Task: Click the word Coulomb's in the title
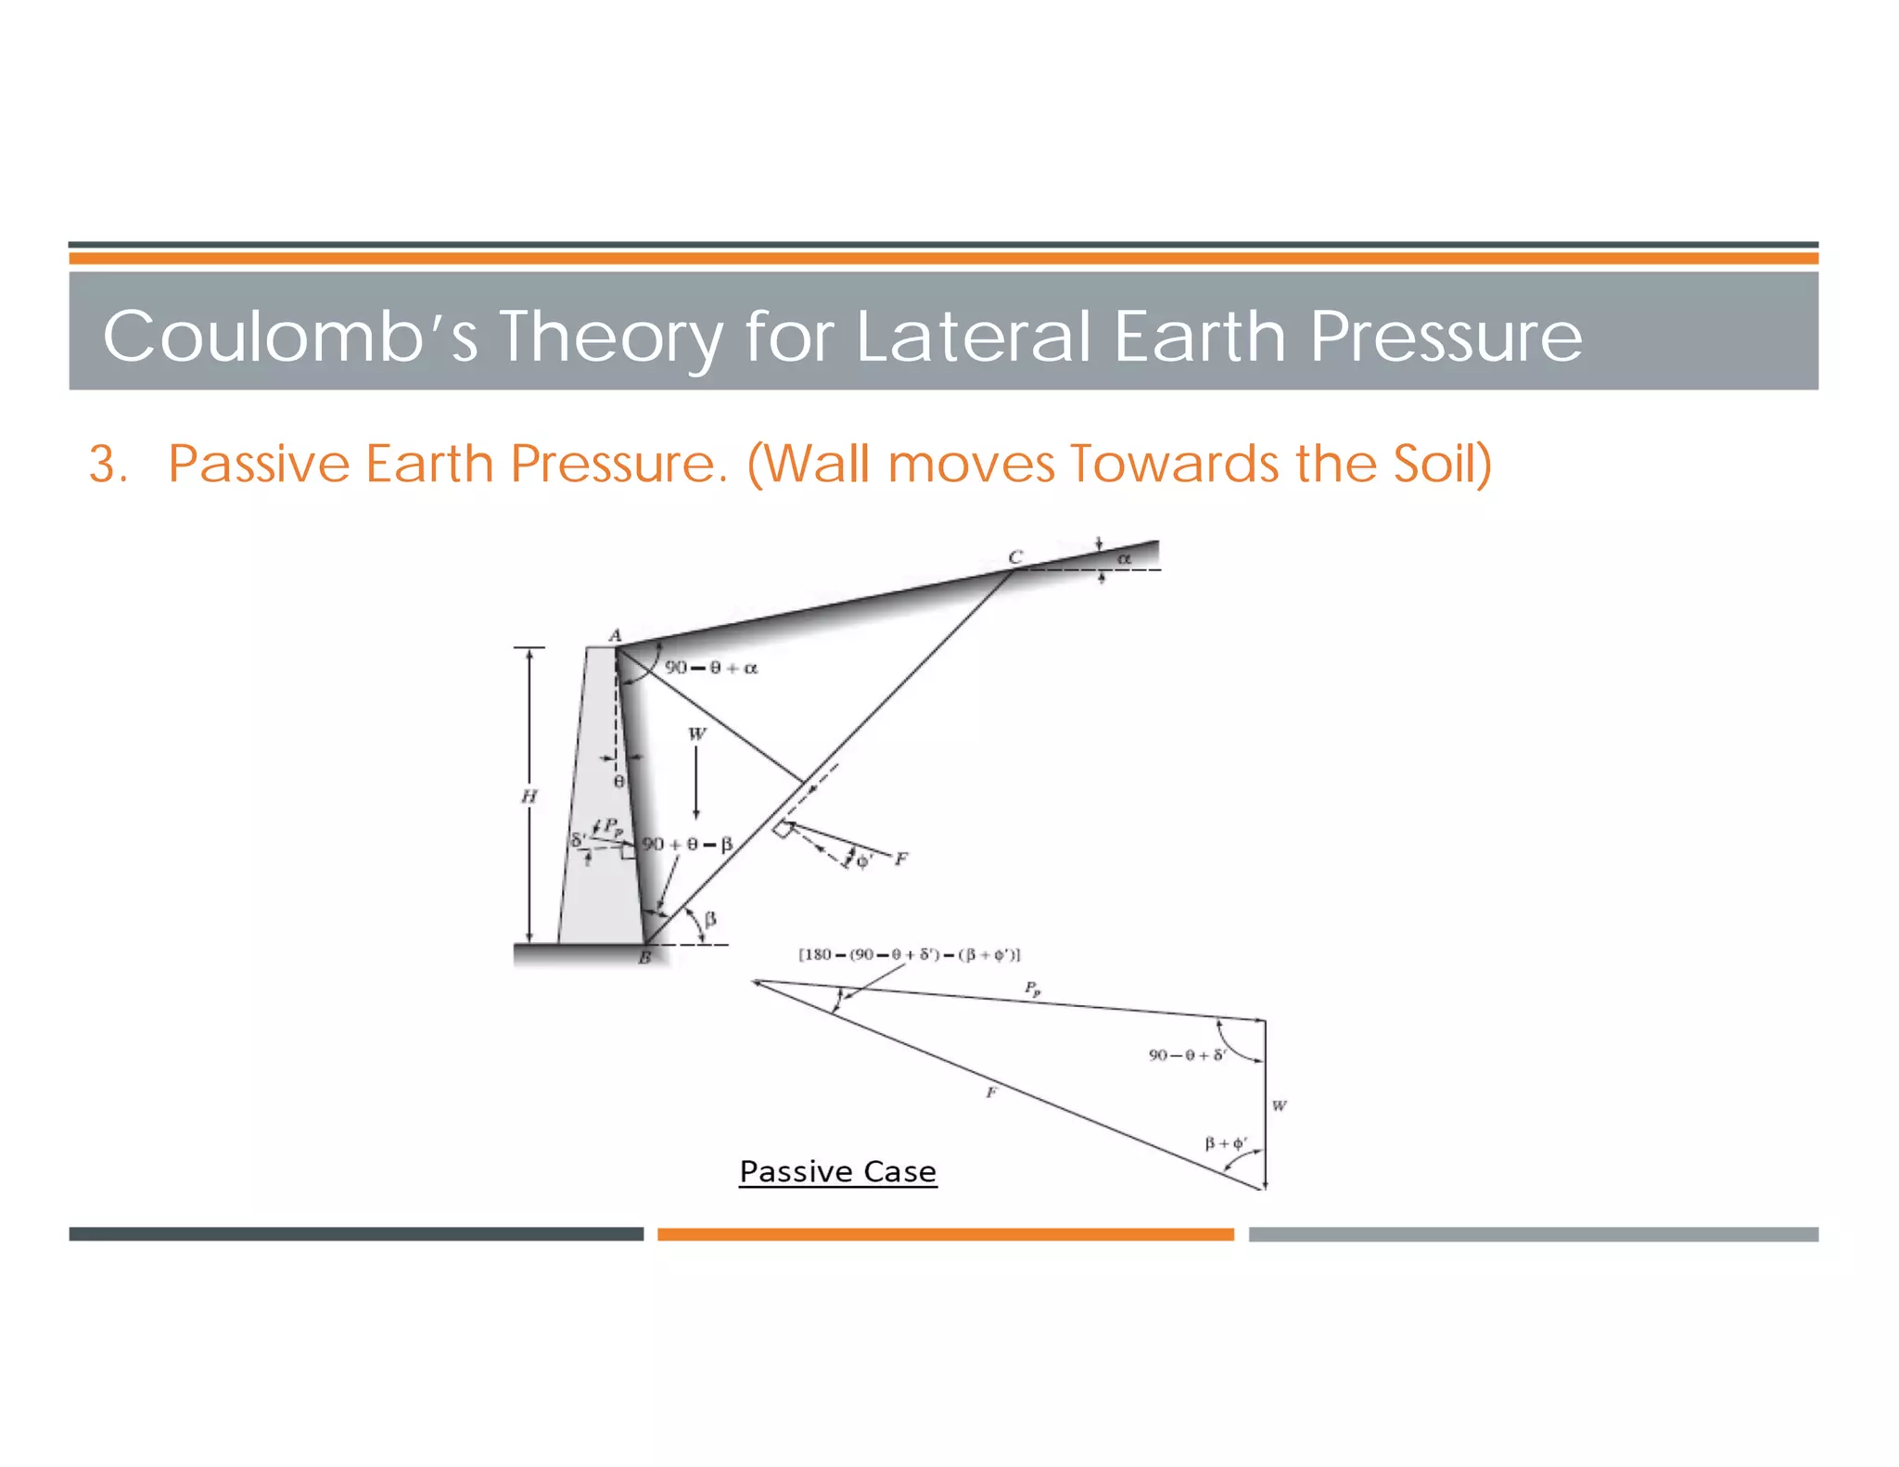pyautogui.click(x=289, y=336)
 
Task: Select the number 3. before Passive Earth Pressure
pyautogui.click(x=108, y=464)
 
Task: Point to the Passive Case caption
pyautogui.click(x=837, y=1171)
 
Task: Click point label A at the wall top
pyautogui.click(x=615, y=635)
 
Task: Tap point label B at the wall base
pyautogui.click(x=644, y=958)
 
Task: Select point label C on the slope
pyautogui.click(x=1015, y=556)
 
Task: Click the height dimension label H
pyautogui.click(x=529, y=796)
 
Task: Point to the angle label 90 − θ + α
pyautogui.click(x=711, y=668)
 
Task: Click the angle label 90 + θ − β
pyautogui.click(x=687, y=844)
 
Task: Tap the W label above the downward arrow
pyautogui.click(x=696, y=733)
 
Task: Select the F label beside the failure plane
pyautogui.click(x=901, y=859)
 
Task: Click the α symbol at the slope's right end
pyautogui.click(x=1124, y=558)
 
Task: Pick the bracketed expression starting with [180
pyautogui.click(x=909, y=954)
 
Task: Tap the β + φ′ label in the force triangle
pyautogui.click(x=1225, y=1142)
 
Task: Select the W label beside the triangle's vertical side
pyautogui.click(x=1280, y=1105)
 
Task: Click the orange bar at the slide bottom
pyautogui.click(x=945, y=1234)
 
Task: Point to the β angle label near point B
pyautogui.click(x=710, y=919)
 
